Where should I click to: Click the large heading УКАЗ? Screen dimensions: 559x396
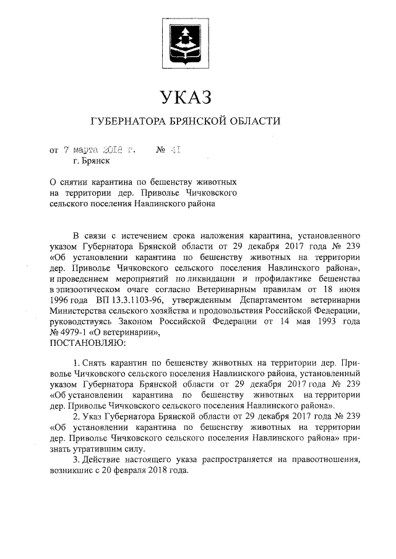pos(185,97)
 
